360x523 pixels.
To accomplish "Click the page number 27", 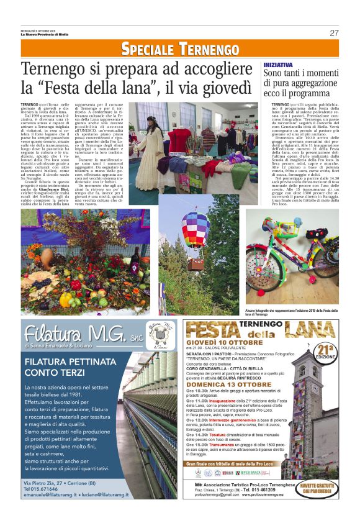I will pos(334,33).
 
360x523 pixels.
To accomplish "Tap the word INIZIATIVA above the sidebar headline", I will pos(278,65).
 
